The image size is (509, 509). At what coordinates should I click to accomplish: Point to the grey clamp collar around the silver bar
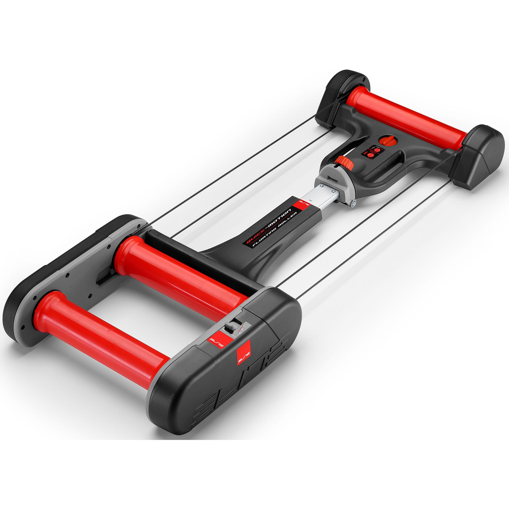point(336,184)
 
